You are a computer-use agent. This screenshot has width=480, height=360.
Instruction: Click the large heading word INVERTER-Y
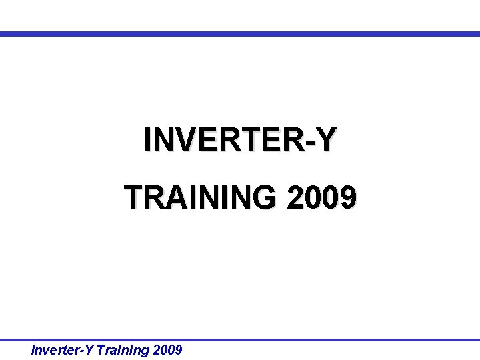click(240, 140)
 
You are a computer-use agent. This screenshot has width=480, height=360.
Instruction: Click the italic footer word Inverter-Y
click(63, 349)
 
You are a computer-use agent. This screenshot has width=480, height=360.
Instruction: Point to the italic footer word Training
click(122, 349)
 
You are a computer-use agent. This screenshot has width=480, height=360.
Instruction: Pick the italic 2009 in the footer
click(167, 349)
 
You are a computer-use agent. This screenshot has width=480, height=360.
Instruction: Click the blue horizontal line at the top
click(240, 33)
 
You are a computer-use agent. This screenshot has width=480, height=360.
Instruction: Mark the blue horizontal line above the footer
click(240, 339)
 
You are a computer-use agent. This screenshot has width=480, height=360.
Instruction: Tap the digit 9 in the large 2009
click(348, 197)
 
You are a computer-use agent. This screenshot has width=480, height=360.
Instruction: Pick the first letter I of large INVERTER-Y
click(147, 140)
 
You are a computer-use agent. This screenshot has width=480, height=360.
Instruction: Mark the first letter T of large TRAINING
click(133, 197)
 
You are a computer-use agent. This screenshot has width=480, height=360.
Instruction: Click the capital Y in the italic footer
click(89, 349)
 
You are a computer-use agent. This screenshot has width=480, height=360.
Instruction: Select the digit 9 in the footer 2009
click(178, 349)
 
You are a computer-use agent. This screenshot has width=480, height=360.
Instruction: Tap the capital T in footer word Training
click(101, 349)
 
